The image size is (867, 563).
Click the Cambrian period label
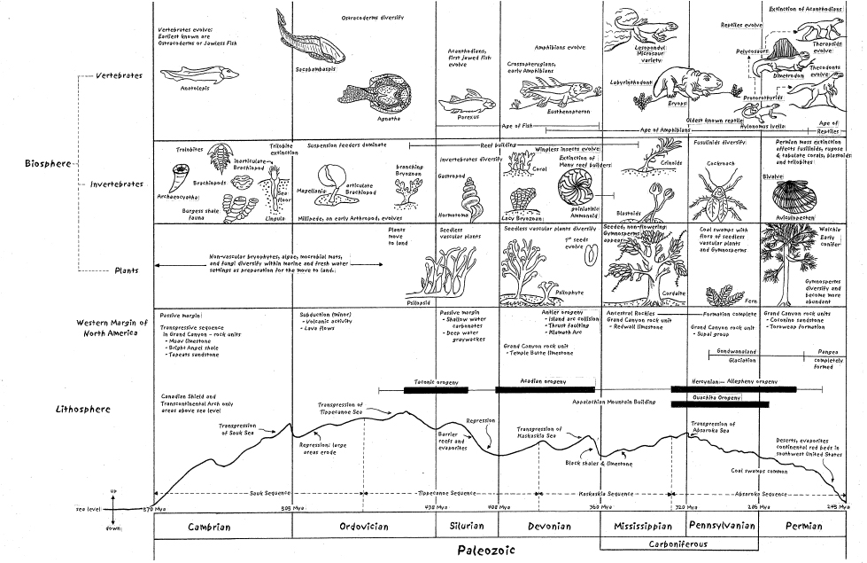pyautogui.click(x=209, y=527)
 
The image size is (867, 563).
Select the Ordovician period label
pyautogui.click(x=363, y=527)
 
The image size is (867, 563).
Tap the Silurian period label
pyautogui.click(x=461, y=527)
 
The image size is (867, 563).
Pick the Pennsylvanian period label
pyautogui.click(x=723, y=526)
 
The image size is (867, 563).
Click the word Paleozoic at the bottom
pyautogui.click(x=482, y=550)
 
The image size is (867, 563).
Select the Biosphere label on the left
pyautogui.click(x=50, y=164)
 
